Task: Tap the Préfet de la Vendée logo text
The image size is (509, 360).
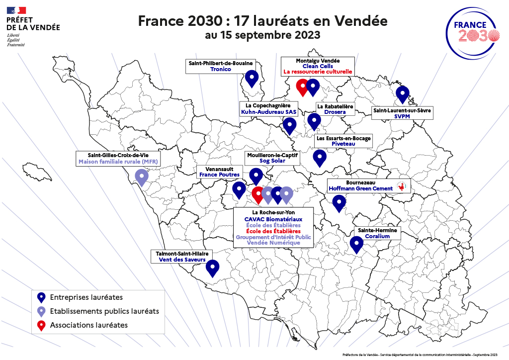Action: pos(33,23)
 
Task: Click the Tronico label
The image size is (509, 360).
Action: pos(221,70)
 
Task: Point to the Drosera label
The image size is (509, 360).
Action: pos(335,112)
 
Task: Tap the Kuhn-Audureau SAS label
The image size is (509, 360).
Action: pos(268,112)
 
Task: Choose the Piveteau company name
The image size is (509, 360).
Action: pos(343,144)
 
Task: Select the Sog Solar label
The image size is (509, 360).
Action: pos(273,162)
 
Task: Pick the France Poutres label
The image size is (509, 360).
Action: pos(219,175)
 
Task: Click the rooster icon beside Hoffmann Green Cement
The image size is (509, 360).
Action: pos(401,187)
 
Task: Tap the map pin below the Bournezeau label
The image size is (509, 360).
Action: pos(339,202)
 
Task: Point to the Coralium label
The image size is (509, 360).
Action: pos(378,237)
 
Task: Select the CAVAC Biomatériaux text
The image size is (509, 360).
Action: pos(273,219)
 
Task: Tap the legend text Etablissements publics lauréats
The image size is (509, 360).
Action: pos(104,311)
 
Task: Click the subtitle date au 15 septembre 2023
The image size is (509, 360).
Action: pos(262,36)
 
